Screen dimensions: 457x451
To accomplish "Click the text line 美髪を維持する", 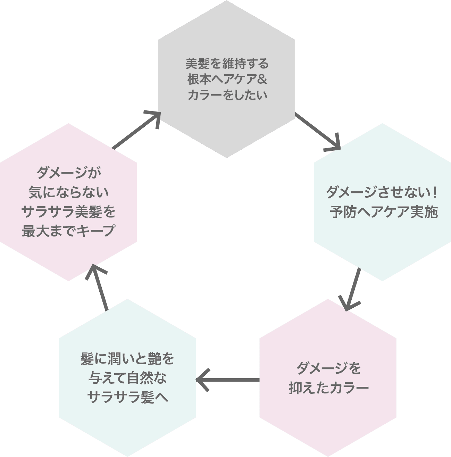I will pyautogui.click(x=227, y=64).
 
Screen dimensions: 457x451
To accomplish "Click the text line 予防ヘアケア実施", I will pyautogui.click(x=384, y=212).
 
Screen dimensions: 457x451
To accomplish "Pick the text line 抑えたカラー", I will pyautogui.click(x=328, y=388).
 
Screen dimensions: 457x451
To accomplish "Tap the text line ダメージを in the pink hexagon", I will pyautogui.click(x=328, y=368).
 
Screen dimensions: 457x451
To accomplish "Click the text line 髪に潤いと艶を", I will pyautogui.click(x=127, y=359).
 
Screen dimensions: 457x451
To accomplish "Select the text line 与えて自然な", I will pyautogui.click(x=127, y=378).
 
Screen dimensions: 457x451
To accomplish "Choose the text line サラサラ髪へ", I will pyautogui.click(x=127, y=397).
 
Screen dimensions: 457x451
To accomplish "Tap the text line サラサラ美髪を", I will pyautogui.click(x=68, y=211).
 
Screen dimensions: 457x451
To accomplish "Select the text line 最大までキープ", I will pyautogui.click(x=68, y=231).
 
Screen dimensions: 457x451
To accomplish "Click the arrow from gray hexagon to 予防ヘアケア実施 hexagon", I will pyautogui.click(x=317, y=132).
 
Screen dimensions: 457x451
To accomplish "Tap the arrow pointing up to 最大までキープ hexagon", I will pyautogui.click(x=99, y=286).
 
